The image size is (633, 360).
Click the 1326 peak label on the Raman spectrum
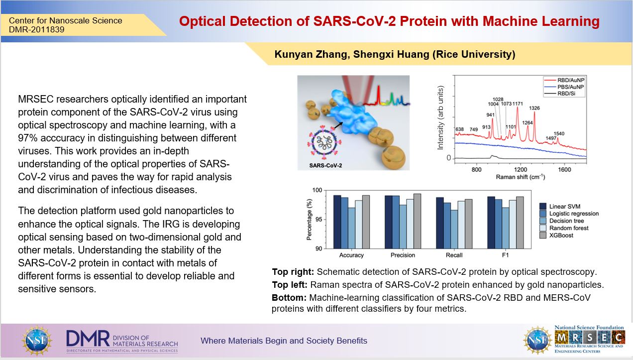(534, 108)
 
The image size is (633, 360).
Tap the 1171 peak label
(518, 104)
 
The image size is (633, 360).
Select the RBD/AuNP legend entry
(564, 80)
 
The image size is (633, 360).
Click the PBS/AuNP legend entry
(564, 87)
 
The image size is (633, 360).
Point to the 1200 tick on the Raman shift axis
(521, 170)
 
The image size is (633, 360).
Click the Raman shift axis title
(520, 177)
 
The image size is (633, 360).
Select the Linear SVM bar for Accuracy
(337, 222)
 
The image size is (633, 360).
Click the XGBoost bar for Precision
(417, 221)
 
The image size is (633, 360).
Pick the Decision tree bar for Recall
(454, 230)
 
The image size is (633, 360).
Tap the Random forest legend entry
(564, 228)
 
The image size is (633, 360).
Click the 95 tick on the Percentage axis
(319, 220)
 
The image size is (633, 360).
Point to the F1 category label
(505, 255)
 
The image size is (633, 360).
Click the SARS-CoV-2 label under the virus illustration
(325, 165)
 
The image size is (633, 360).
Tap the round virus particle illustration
(324, 141)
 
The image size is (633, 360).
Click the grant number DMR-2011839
(37, 30)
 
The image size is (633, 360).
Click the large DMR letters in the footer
(88, 338)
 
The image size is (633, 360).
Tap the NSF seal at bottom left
(37, 340)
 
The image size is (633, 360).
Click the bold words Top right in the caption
(293, 272)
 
